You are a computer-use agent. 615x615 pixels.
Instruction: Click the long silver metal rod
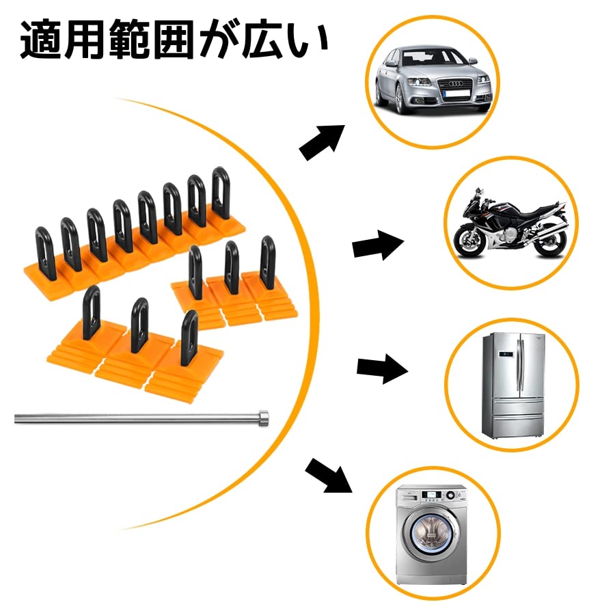pos(137,418)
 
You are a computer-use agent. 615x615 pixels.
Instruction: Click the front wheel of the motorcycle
pos(471,240)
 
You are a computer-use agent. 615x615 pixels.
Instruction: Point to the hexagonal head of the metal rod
pos(263,417)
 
